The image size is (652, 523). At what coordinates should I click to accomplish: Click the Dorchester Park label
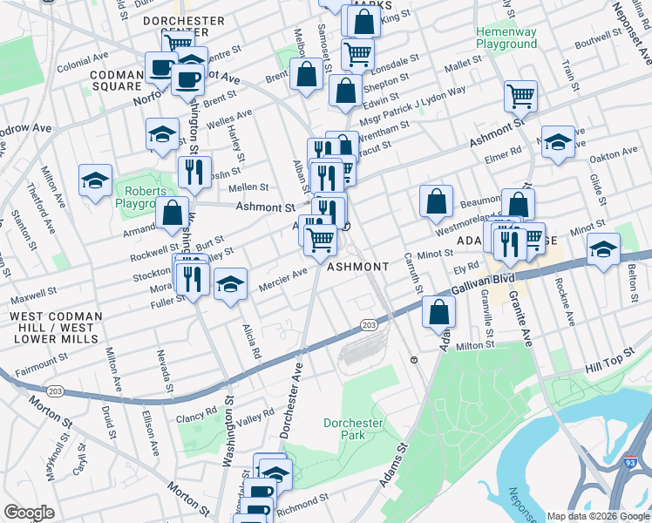click(353, 428)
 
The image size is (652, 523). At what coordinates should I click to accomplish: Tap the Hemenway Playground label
click(506, 37)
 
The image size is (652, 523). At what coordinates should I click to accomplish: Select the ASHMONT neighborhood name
click(358, 267)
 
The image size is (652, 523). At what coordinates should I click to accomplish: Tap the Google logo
click(29, 513)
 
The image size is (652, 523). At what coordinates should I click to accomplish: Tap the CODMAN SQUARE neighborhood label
click(116, 80)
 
